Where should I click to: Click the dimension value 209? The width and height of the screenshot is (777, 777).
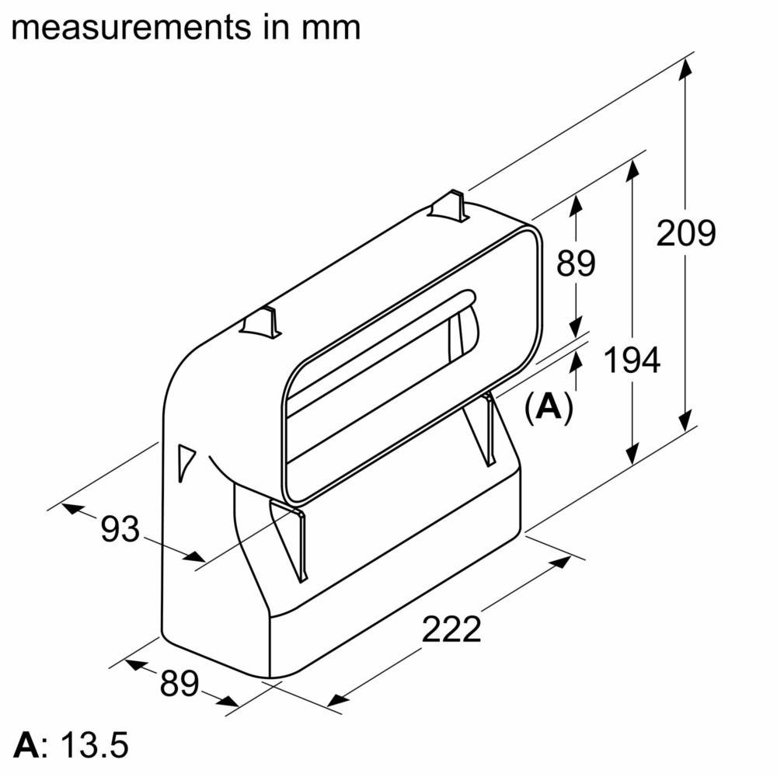pyautogui.click(x=685, y=233)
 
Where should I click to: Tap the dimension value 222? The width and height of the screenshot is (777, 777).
pyautogui.click(x=452, y=629)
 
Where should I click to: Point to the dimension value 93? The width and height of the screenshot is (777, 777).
pyautogui.click(x=120, y=530)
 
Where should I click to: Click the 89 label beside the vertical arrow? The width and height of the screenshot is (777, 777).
pyautogui.click(x=575, y=263)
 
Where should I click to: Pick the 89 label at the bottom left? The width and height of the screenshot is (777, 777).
pyautogui.click(x=179, y=683)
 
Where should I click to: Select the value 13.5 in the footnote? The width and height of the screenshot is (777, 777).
pyautogui.click(x=96, y=744)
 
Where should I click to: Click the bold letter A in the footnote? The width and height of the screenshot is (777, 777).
pyautogui.click(x=26, y=744)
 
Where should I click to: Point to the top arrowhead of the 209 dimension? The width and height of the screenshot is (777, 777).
pyautogui.click(x=685, y=68)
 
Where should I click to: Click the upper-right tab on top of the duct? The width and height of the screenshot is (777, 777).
pyautogui.click(x=449, y=205)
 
